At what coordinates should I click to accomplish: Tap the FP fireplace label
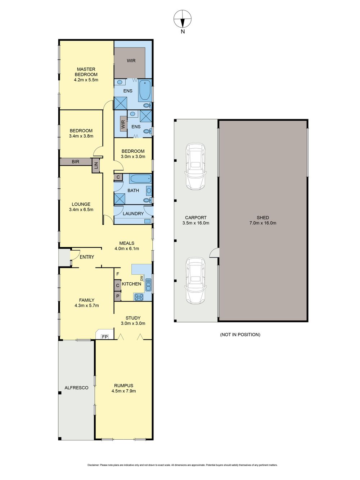(x=105, y=337)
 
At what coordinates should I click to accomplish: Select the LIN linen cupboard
(x=96, y=166)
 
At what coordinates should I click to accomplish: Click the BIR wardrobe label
(x=75, y=162)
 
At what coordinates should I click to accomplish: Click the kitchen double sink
(x=148, y=284)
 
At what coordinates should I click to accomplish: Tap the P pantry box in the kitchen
(x=118, y=296)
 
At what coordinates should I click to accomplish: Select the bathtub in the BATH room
(x=140, y=179)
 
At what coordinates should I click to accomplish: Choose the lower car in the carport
(x=195, y=281)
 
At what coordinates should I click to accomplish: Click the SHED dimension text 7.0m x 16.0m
(x=263, y=223)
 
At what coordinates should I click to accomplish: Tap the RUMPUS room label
(x=123, y=386)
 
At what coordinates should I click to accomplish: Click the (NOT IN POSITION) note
(x=240, y=335)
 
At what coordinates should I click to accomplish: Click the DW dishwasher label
(x=141, y=278)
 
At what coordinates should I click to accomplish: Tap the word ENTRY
(x=87, y=257)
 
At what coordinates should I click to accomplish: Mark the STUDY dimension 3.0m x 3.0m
(x=133, y=323)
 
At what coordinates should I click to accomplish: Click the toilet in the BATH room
(x=148, y=200)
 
